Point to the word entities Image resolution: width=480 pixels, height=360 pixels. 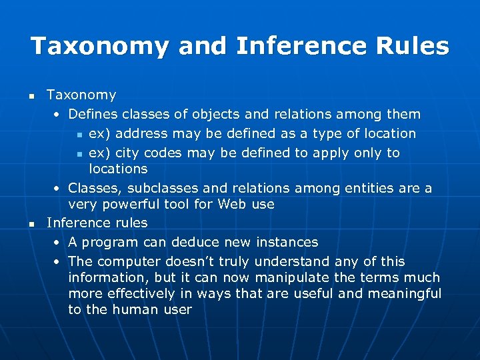coord(368,188)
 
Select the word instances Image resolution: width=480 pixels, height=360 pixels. coord(287,242)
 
